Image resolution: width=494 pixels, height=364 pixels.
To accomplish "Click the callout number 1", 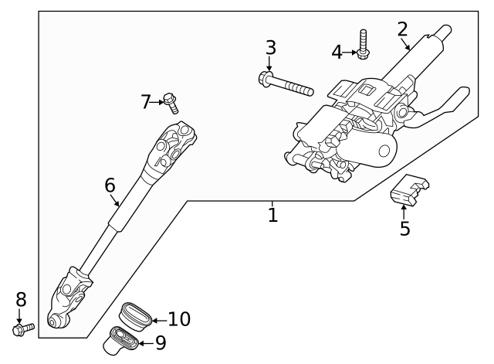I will pos(272,214).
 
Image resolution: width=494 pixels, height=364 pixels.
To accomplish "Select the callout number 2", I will pos(402,30).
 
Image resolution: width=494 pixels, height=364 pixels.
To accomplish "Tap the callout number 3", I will pos(270,48).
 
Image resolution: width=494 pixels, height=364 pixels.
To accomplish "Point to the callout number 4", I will pos(337,52).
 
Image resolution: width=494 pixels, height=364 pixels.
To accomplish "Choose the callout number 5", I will pos(404,229).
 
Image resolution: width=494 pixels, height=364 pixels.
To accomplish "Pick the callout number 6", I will pos(110,185).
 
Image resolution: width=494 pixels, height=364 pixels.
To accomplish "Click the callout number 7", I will pos(146,101).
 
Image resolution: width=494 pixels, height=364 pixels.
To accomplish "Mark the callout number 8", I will pos(21,300).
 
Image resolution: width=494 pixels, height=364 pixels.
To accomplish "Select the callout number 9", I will pos(161,341).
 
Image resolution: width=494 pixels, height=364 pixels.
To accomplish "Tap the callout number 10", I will pos(178,318).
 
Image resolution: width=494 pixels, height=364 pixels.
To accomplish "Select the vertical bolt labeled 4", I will pos(363,44).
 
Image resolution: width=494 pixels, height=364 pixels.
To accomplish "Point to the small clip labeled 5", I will pos(409,191).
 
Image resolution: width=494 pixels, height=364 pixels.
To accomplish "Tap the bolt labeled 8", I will pos(23,329).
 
